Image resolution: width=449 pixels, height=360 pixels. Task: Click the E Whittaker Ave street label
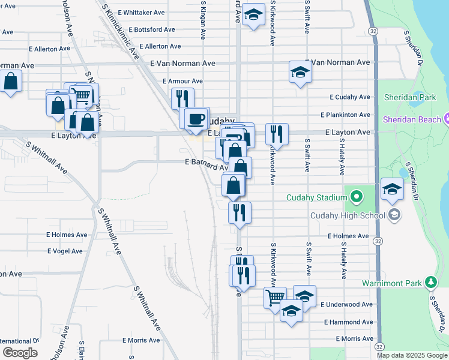[x=142, y=13]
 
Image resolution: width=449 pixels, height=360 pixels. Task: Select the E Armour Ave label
[x=182, y=81]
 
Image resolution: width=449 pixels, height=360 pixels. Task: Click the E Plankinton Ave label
[x=345, y=115]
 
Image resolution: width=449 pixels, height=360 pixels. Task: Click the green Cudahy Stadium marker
[x=356, y=197]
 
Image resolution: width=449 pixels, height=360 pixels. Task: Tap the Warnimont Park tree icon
[x=430, y=282]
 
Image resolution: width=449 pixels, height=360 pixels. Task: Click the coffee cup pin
[x=196, y=118]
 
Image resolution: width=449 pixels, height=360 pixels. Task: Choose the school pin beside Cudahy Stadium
[x=392, y=188]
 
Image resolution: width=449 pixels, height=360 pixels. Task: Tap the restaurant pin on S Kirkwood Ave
[x=277, y=134]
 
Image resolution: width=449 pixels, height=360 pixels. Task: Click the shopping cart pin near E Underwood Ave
[x=275, y=296]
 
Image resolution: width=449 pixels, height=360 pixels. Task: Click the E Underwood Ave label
[x=346, y=305]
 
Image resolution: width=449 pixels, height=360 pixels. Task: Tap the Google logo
[x=20, y=353]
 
